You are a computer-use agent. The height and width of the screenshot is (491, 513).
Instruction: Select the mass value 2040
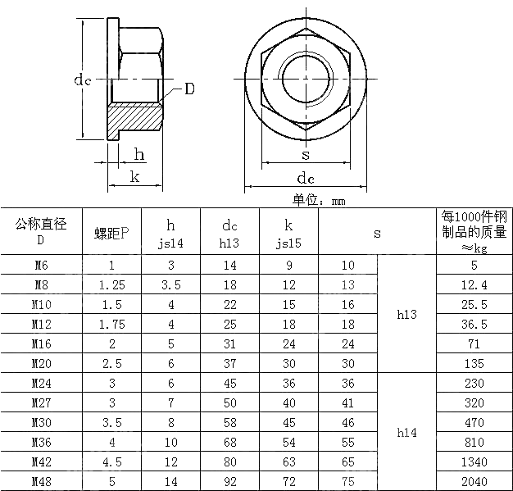[x=474, y=482]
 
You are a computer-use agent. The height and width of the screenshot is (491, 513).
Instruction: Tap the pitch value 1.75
[x=111, y=325]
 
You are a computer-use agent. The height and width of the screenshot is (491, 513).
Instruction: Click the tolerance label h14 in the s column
[x=406, y=433]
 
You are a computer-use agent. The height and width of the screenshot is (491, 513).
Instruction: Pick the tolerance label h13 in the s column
[x=406, y=315]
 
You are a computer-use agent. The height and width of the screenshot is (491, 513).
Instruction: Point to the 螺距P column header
[x=111, y=234]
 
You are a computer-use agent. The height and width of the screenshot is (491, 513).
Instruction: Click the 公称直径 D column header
[x=41, y=232]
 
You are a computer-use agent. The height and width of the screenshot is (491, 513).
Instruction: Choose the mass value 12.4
[x=474, y=285]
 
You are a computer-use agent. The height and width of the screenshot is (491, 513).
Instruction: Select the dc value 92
[x=230, y=482]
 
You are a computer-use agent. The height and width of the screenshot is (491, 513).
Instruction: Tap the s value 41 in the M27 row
[x=348, y=403]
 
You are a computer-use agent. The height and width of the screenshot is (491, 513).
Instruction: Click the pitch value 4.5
[x=111, y=462]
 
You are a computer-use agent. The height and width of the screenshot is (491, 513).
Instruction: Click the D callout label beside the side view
[x=188, y=89]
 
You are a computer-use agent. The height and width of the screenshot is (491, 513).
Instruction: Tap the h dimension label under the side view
[x=139, y=155]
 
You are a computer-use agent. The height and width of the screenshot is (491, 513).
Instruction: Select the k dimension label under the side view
[x=134, y=176]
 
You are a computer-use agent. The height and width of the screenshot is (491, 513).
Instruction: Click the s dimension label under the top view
[x=306, y=154]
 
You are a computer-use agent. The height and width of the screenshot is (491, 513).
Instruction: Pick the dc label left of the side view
[x=82, y=80]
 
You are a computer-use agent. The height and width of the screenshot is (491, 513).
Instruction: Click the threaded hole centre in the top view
[x=306, y=78]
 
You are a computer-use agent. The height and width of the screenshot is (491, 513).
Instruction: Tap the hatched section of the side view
[x=135, y=121]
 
